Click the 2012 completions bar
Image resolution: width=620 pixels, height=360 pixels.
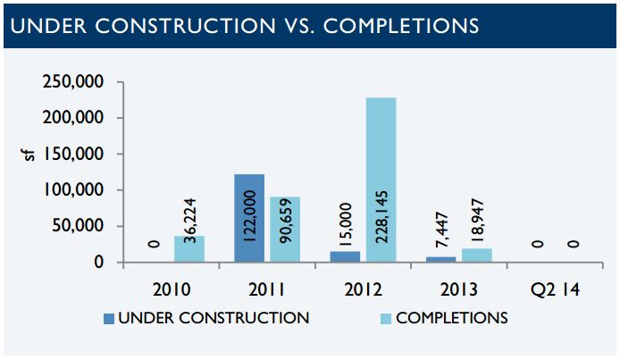381,180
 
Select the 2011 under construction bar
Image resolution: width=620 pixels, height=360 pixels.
249,218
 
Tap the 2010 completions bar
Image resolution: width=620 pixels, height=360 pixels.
189,249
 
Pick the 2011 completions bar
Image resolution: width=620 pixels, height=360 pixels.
285,230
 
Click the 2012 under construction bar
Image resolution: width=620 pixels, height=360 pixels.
345,257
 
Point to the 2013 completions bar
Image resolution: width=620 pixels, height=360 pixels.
477,255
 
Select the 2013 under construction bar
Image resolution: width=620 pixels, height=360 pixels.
441,260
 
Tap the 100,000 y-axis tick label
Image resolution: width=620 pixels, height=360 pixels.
73,190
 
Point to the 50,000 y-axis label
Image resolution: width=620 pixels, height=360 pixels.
78,226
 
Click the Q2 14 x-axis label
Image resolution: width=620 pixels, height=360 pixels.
555,289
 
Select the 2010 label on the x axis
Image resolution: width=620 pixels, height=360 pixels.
172,289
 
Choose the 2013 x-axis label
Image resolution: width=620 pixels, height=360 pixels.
459,289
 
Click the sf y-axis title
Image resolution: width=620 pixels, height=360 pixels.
29,155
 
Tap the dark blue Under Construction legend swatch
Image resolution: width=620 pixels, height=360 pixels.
109,319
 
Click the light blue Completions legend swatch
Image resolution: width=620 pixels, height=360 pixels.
386,319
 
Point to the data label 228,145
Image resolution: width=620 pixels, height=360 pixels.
382,217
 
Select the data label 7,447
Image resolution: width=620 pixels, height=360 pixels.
441,230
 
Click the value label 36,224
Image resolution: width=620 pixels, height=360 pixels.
190,221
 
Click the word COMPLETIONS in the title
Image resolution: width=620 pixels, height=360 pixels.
400,26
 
